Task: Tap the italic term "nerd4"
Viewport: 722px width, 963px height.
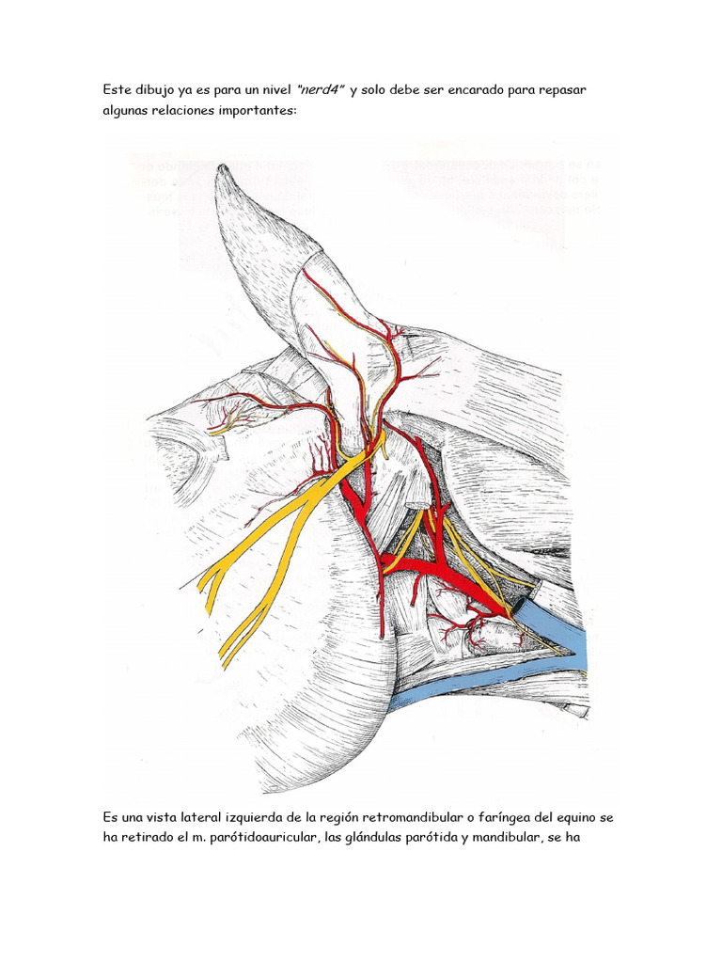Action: (321, 89)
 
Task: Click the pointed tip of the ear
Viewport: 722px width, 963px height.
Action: (222, 169)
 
